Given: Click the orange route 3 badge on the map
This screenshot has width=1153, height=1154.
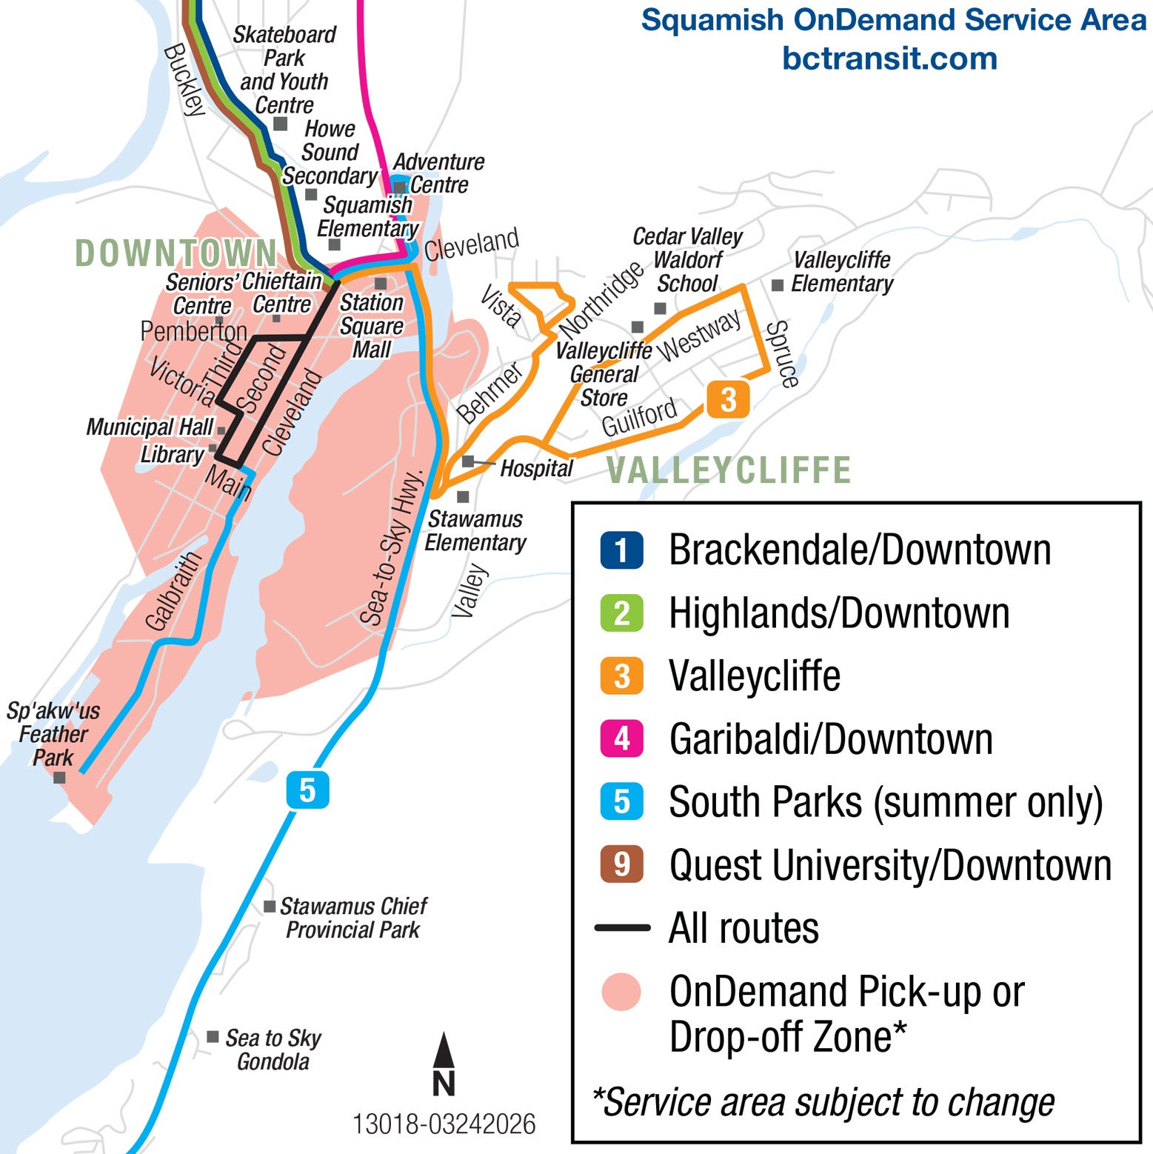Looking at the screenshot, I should pos(728,400).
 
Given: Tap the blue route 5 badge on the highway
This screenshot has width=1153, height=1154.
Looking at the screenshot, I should pos(307,790).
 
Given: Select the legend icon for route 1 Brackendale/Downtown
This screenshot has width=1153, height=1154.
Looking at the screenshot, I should pos(621,550).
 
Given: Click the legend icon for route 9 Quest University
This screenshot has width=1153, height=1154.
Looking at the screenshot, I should pos(621,864).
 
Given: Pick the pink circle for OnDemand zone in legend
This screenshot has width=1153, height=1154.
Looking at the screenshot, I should pos(621,992).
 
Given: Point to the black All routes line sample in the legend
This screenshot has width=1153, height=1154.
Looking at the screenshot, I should pos(622,927).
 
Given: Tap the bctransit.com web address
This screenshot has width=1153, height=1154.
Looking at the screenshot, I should pos(889,59).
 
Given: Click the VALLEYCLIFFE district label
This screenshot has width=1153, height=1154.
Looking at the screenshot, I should pos(729,470).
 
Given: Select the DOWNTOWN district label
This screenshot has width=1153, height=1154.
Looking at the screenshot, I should pos(176,253).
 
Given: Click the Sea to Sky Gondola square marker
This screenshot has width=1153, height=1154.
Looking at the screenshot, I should pos(213,1036).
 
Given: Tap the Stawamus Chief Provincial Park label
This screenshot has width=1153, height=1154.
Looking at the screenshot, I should pos(353,918).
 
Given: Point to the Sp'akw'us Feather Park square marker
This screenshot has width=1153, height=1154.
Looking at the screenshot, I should pos(59,778).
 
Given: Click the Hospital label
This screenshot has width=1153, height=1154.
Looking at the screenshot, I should pos(536,468).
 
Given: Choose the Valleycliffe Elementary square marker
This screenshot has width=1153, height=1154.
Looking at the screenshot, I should pos(778,285).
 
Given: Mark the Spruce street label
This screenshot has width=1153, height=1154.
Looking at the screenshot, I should pos(783,354).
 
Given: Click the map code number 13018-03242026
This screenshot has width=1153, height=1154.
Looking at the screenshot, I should pos(444,1124).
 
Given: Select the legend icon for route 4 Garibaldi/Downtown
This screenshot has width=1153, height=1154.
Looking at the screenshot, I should pos(621,738).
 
